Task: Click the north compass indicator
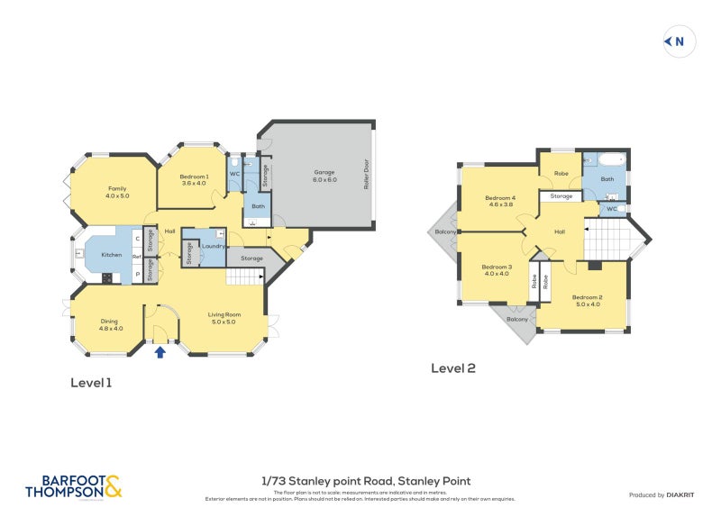point(676,41)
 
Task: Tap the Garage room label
point(324,175)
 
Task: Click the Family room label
point(117,191)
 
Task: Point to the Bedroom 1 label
point(194,179)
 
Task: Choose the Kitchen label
point(112,255)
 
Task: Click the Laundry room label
point(213,246)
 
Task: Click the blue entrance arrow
point(160,352)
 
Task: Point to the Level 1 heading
point(91,383)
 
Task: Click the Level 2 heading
point(452,367)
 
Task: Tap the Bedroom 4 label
point(499,201)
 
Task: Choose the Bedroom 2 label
point(587,301)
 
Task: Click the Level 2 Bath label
point(607,179)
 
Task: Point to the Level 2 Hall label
point(559,231)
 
